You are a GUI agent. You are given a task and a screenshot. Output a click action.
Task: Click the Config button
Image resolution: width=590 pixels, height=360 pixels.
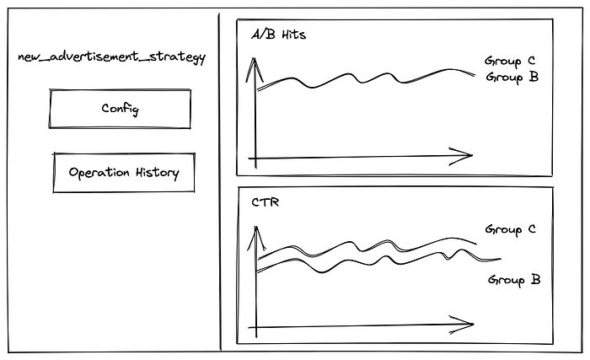click(x=120, y=109)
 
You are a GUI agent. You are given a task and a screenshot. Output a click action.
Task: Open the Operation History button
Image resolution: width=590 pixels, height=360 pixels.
click(x=124, y=173)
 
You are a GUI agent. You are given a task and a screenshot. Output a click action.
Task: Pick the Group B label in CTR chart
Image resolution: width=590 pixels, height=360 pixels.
click(x=514, y=280)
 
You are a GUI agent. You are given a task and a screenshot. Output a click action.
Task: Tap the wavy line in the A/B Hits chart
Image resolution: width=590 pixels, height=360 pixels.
click(x=362, y=79)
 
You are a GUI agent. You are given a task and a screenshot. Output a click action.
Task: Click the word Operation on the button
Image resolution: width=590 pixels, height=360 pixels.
click(x=98, y=173)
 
